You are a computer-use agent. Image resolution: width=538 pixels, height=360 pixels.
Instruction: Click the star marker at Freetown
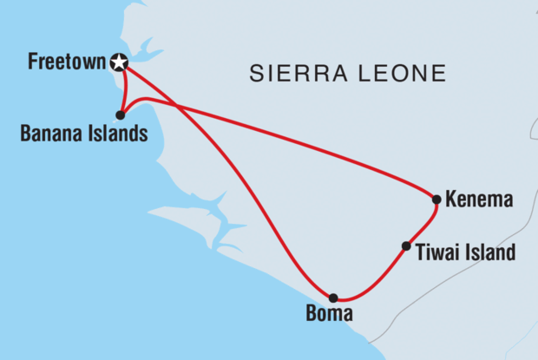pos(119,62)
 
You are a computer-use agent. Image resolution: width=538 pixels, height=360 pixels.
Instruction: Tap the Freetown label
pos(65,62)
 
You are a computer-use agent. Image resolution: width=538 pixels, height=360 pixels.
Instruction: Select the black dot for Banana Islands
pos(120,115)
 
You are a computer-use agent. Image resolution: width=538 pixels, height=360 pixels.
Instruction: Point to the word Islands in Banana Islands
pos(111,134)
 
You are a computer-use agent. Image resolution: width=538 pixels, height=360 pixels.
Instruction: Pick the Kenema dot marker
pos(436,200)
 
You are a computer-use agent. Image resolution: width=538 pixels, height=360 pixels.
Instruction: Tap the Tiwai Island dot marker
pos(406,246)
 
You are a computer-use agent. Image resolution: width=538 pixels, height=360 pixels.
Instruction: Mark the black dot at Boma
pos(333,298)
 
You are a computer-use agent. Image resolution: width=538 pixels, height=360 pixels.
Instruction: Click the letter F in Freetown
pos(32,62)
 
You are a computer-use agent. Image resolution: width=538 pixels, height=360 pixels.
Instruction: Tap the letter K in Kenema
pos(450,200)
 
